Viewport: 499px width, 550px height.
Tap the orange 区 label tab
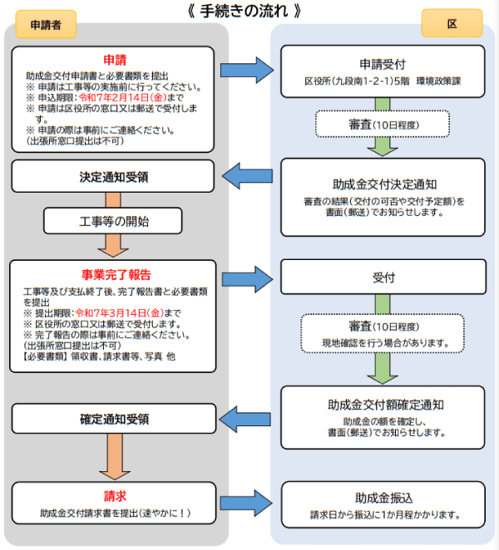click(x=452, y=24)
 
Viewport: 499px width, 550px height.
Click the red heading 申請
click(x=114, y=61)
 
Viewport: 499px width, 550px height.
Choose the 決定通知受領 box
click(x=114, y=176)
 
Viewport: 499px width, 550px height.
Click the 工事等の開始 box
click(x=114, y=222)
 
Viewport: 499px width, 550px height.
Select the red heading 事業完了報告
click(x=116, y=274)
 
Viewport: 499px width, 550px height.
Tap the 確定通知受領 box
click(x=114, y=420)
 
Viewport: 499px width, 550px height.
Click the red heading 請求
click(x=115, y=495)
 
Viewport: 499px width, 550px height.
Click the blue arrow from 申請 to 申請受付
click(x=248, y=71)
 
